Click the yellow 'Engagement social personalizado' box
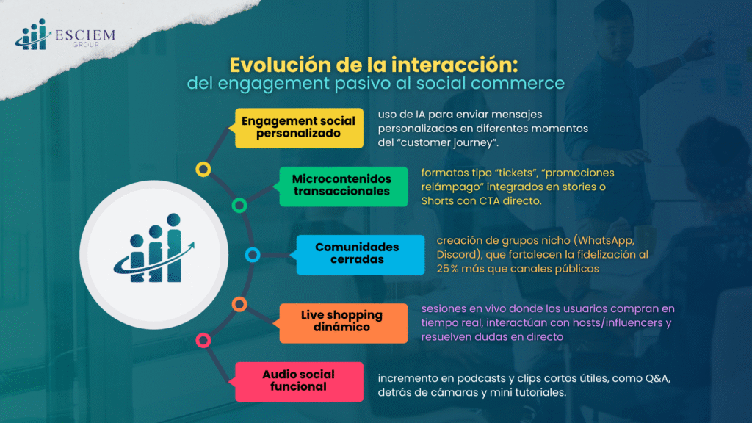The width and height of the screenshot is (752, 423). (x=299, y=128)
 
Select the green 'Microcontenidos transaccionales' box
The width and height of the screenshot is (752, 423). (x=343, y=187)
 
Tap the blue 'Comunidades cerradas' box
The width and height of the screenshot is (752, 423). (x=360, y=255)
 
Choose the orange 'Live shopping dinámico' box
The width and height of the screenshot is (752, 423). (x=343, y=323)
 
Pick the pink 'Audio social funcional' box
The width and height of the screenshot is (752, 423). (x=299, y=382)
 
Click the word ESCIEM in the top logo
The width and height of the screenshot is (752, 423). (x=85, y=35)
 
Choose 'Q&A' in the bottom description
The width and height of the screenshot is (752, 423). (x=658, y=378)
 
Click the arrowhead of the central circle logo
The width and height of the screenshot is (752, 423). (x=191, y=246)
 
